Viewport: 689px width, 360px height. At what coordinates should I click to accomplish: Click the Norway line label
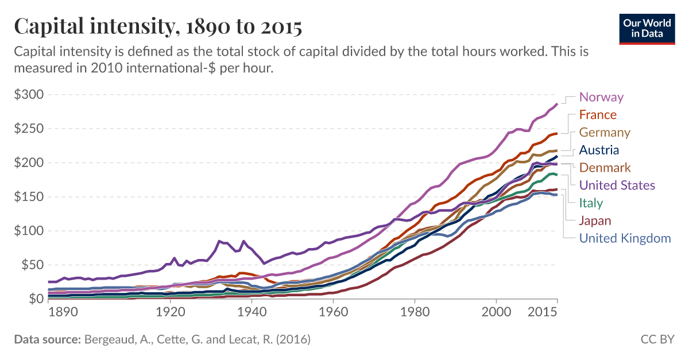(601, 97)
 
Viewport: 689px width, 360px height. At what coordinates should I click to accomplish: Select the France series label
(598, 115)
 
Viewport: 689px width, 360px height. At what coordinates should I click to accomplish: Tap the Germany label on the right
(605, 133)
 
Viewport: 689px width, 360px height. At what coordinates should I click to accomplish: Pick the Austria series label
(599, 150)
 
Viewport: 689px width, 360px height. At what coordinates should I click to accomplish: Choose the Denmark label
(605, 168)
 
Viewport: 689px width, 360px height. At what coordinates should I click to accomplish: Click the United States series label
(617, 185)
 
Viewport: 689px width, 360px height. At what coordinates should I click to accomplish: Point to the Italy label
(591, 203)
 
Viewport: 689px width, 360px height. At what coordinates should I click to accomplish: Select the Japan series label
(595, 220)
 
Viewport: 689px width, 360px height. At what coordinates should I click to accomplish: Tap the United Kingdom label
(625, 238)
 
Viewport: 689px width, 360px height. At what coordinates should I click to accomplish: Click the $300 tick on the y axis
(29, 94)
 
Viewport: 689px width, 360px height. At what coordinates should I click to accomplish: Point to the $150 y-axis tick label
(29, 197)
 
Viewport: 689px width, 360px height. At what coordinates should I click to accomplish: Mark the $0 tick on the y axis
(36, 299)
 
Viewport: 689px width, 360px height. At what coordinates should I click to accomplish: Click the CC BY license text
(657, 340)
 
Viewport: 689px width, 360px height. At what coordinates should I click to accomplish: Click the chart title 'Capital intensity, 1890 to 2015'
(158, 26)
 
